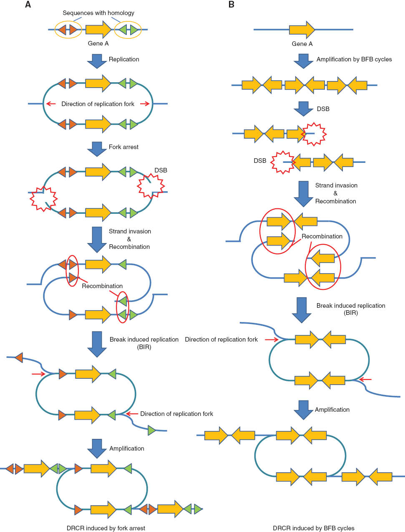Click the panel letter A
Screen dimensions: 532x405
tap(28, 5)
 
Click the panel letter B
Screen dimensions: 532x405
tap(231, 5)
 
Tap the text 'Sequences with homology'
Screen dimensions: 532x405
tap(98, 13)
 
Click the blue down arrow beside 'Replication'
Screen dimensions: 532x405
tap(97, 61)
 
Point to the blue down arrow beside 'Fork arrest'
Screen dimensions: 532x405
tap(97, 149)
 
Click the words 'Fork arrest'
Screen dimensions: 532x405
tap(123, 147)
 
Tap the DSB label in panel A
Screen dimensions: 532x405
tap(161, 170)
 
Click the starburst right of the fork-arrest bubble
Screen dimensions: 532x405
tap(151, 186)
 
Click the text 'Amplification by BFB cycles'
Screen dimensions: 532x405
tap(354, 59)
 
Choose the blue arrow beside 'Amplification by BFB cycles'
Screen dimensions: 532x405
tap(303, 61)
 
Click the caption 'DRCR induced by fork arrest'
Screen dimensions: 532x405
tap(106, 528)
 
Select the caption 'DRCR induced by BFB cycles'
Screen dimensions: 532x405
tap(314, 528)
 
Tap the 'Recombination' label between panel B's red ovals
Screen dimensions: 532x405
tap(322, 236)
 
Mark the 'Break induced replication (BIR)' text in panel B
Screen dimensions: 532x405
tap(351, 309)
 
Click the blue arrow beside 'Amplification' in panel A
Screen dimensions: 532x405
tap(97, 448)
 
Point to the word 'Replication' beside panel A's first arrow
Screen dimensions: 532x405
tap(124, 59)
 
